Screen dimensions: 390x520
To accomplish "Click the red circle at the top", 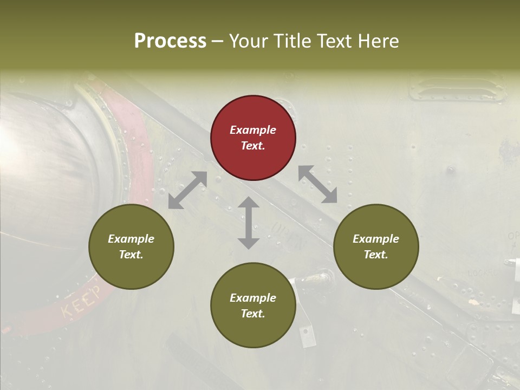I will tap(253, 138).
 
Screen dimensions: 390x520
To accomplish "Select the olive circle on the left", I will tap(131, 246).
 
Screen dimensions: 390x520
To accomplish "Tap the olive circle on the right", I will tap(375, 246).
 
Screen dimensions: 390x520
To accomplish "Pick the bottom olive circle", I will tap(253, 305).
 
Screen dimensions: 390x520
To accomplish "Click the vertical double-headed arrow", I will tap(249, 223).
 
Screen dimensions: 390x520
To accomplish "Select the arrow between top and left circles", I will tap(187, 190).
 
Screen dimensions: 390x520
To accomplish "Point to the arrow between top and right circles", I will tap(318, 184).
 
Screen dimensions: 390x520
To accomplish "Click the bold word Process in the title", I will tap(170, 41).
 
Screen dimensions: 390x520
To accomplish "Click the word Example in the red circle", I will tap(253, 130).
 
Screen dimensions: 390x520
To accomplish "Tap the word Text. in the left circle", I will tap(131, 255).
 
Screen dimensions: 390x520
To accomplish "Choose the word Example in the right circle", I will tap(375, 239).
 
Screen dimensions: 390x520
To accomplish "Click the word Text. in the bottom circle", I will tap(253, 314).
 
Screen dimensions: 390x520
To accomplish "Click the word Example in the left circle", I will tap(131, 239).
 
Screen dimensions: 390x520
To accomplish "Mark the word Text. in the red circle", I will tap(253, 146).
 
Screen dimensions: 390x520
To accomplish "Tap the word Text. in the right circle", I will tap(375, 255).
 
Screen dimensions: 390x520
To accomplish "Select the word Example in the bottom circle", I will tap(253, 298).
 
